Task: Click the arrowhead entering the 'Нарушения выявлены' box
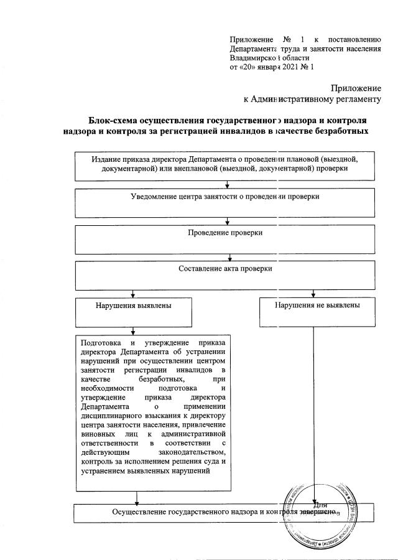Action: click(133, 296)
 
